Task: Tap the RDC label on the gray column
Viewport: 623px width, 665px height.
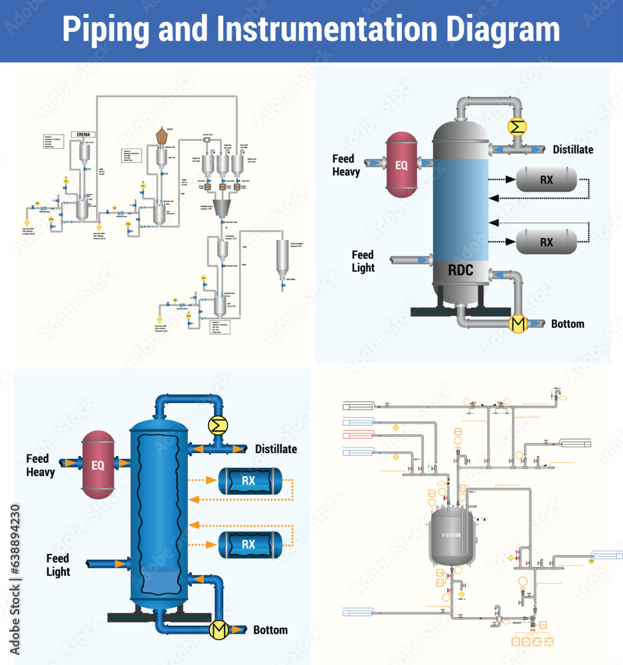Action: pyautogui.click(x=460, y=271)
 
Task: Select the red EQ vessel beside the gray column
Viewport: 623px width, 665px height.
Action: pyautogui.click(x=402, y=165)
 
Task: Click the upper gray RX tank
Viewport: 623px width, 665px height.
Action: pyautogui.click(x=547, y=179)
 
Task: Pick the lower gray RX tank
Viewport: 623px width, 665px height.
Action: pyautogui.click(x=547, y=243)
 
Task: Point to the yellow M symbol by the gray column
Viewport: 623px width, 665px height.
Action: pyautogui.click(x=517, y=324)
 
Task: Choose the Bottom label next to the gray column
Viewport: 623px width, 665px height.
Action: pyautogui.click(x=567, y=324)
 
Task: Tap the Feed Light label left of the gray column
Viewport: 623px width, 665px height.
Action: pyautogui.click(x=363, y=261)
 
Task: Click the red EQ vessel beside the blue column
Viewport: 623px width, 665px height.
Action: pyautogui.click(x=98, y=465)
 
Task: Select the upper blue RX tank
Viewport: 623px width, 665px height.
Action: pyautogui.click(x=248, y=481)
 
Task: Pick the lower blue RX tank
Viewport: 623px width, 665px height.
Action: pyautogui.click(x=248, y=545)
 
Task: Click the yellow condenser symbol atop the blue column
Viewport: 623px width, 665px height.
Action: pyautogui.click(x=217, y=425)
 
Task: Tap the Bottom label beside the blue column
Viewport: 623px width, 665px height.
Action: pyautogui.click(x=270, y=630)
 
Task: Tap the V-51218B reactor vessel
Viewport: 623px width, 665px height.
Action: pyautogui.click(x=452, y=534)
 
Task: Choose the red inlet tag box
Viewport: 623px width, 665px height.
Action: pyautogui.click(x=357, y=436)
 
